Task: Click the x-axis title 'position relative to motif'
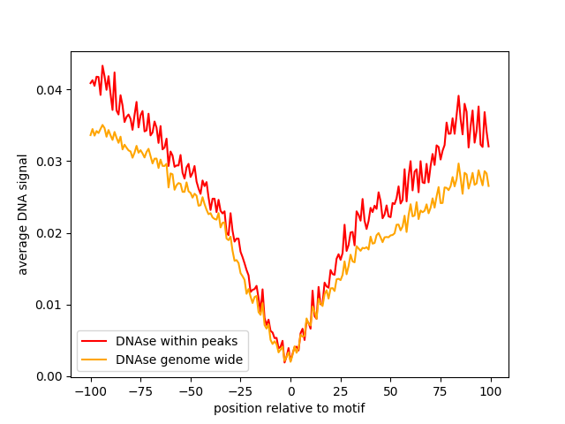pos(290,409)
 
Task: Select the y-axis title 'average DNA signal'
pos(23,214)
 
